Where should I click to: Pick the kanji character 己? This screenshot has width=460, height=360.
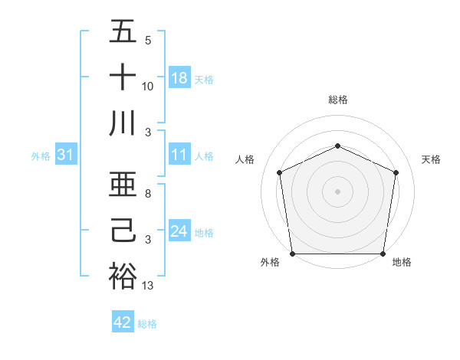click(x=123, y=231)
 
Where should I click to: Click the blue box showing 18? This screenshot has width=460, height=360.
click(x=179, y=78)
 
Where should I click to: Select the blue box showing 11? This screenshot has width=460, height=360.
click(x=179, y=155)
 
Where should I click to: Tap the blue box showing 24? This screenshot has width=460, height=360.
click(x=179, y=231)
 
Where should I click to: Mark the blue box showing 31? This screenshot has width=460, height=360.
click(x=66, y=155)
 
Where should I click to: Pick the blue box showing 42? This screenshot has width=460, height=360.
click(x=123, y=322)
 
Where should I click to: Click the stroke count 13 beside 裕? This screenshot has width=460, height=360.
click(x=149, y=286)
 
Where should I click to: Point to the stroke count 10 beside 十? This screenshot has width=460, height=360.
click(x=149, y=86)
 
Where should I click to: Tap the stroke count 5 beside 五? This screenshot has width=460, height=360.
click(x=148, y=41)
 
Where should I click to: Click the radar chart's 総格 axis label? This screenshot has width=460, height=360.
click(x=337, y=100)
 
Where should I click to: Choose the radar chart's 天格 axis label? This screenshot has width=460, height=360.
click(x=431, y=159)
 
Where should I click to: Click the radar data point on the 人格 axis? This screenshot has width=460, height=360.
click(x=279, y=172)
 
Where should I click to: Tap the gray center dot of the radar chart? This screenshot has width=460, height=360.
click(x=337, y=191)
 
